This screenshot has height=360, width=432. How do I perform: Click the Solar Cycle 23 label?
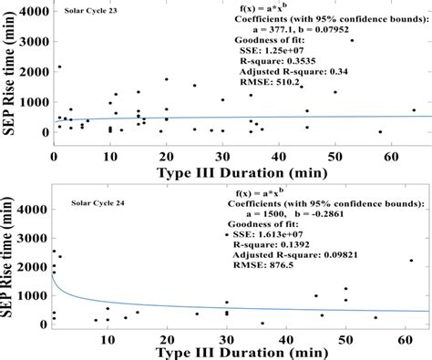[x=90, y=11]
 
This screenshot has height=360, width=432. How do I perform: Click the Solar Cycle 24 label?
[x=98, y=203]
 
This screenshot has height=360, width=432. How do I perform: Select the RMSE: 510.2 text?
[x=270, y=82]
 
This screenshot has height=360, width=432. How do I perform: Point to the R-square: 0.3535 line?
[x=278, y=61]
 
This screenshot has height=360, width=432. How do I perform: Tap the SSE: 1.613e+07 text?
[x=268, y=234]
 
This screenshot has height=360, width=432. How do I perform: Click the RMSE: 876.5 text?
[x=263, y=265]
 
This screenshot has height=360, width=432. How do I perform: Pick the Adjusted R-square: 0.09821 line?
[x=295, y=255]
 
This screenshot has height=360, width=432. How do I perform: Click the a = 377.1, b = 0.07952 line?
[x=301, y=30]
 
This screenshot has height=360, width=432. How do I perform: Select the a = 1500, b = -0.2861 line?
[x=294, y=214]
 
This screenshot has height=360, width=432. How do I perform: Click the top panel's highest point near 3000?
[x=352, y=40]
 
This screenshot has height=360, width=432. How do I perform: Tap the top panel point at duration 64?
[x=414, y=110]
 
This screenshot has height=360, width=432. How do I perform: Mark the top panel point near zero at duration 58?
[x=380, y=132]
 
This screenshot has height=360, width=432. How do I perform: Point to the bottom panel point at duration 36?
[x=262, y=324]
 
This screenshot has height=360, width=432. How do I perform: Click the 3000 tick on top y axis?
[x=34, y=42]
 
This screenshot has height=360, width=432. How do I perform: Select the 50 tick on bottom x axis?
[x=345, y=340]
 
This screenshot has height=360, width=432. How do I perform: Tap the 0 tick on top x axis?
[x=54, y=157]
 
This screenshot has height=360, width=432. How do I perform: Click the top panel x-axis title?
[x=242, y=173]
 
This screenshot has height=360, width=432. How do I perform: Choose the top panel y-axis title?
[x=8, y=74]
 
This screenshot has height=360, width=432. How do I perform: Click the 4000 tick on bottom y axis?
[x=32, y=210]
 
